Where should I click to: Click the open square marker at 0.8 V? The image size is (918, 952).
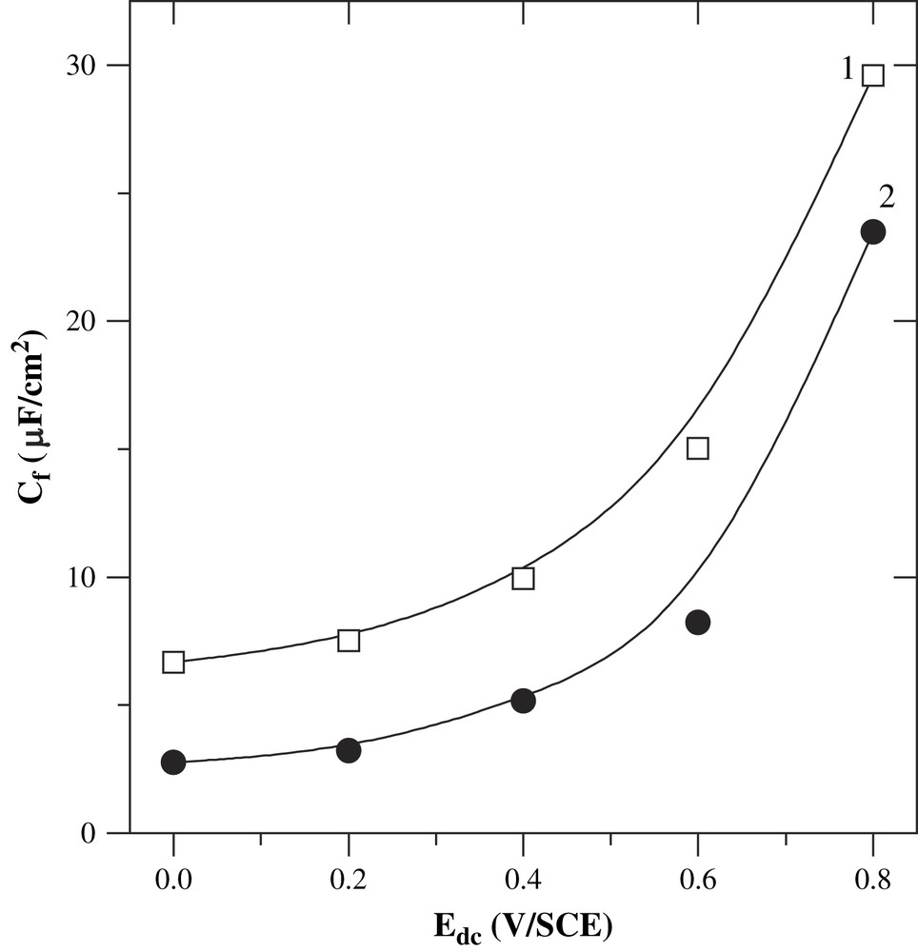[x=872, y=75]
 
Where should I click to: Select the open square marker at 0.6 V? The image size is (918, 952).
[x=698, y=448]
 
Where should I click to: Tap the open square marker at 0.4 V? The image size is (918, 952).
[x=523, y=578]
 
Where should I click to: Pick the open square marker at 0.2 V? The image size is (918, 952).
[x=349, y=640]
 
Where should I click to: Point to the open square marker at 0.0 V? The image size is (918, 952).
[x=173, y=662]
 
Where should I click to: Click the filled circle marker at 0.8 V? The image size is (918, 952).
[x=872, y=231]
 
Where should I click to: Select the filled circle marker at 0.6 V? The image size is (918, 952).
[x=698, y=623]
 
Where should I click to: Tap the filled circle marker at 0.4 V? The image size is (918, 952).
[x=523, y=701]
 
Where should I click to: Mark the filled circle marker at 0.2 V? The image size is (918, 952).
[x=349, y=750]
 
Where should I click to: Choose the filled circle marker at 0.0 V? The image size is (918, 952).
[x=173, y=762]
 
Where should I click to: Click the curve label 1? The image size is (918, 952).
[x=847, y=69]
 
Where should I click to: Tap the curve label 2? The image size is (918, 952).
[x=886, y=197]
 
